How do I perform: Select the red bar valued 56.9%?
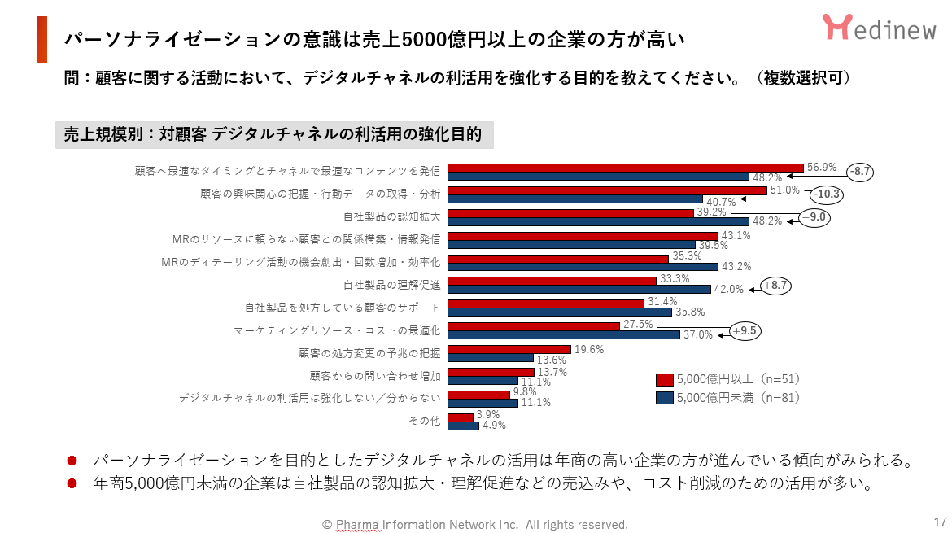point(626,167)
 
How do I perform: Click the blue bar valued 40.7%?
point(575,199)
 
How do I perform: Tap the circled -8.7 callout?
point(859,172)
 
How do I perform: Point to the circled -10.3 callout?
point(827,194)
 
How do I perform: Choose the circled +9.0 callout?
point(814,217)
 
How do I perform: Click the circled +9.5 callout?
point(746,331)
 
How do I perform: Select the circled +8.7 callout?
point(776,286)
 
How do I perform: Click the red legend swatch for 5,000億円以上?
point(664,379)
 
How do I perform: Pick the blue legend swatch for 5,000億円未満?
point(664,398)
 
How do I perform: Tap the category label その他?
point(424,421)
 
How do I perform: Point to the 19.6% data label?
point(588,348)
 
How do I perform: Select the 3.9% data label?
point(488,414)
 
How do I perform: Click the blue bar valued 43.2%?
point(583,267)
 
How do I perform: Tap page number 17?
point(940,522)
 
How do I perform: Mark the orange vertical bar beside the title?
point(41,39)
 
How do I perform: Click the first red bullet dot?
point(72,461)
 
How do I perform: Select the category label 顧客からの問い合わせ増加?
point(375,376)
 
